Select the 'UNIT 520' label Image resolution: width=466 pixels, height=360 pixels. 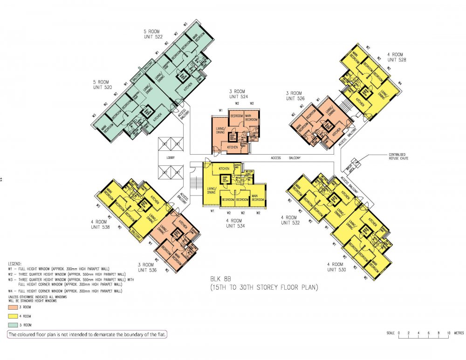click(x=103, y=87)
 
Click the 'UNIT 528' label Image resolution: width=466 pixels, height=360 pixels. click(x=397, y=59)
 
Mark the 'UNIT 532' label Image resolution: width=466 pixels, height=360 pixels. click(x=289, y=223)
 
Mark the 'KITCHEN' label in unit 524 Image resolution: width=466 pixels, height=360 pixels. click(x=233, y=147)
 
